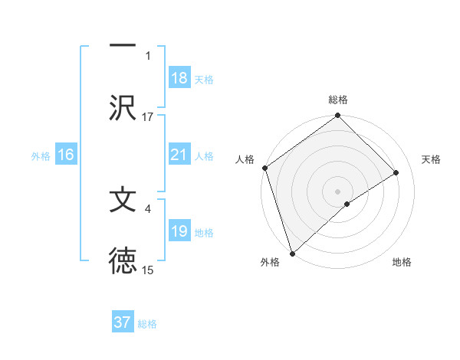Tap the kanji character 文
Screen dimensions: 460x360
[x=123, y=200]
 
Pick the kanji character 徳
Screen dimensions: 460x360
[x=123, y=261]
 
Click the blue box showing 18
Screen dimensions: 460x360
[x=179, y=78]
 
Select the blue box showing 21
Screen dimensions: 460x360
[x=179, y=155]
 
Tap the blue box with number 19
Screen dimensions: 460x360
[x=179, y=231]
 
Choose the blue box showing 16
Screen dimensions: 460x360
[x=66, y=155]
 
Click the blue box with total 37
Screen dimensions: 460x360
[x=123, y=322]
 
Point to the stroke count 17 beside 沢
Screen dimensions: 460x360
[x=148, y=116]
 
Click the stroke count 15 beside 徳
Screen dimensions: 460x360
[x=148, y=270]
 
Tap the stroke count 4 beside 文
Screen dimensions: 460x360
[x=148, y=208]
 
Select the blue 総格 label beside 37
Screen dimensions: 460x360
[x=147, y=324]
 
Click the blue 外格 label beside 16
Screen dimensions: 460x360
[x=41, y=155]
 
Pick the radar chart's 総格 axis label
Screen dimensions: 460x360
[x=338, y=100]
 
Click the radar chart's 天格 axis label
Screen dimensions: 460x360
[x=432, y=159]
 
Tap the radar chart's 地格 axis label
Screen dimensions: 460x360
[x=402, y=262]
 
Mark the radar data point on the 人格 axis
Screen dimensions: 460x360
[x=264, y=168]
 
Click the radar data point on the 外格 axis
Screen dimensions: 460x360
[x=291, y=253]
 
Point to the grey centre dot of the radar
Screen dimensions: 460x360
[x=338, y=191]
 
